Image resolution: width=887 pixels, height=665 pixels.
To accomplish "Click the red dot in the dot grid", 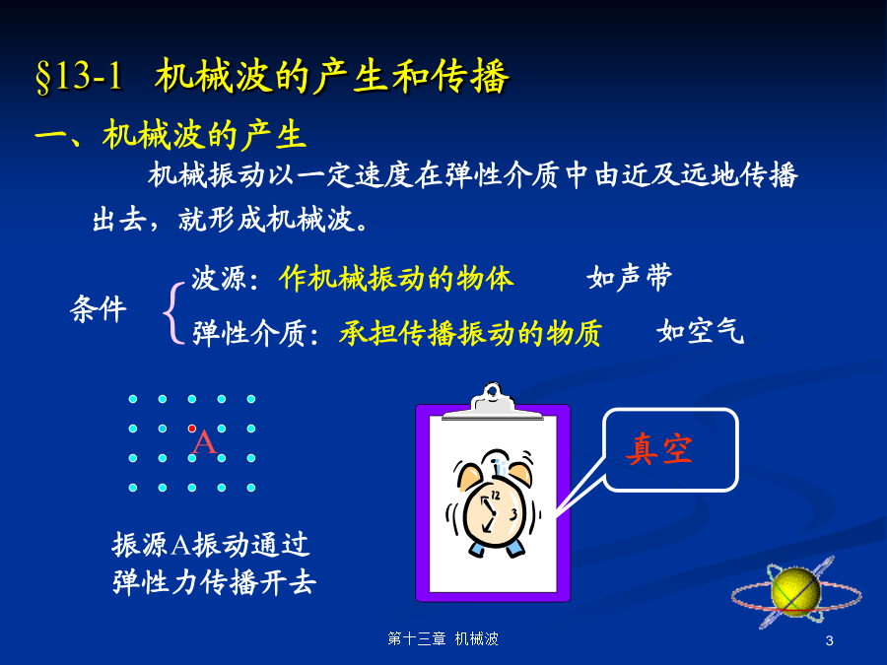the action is (x=192, y=429).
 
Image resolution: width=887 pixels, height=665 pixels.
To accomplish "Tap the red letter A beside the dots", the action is (x=204, y=442).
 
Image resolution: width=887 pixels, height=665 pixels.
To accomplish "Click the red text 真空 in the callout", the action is (x=659, y=449).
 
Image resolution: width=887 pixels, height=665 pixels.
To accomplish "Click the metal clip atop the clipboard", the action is (x=493, y=402).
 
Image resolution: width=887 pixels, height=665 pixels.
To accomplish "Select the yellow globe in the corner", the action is (x=795, y=590).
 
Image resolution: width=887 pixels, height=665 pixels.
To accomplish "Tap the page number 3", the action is (x=829, y=640).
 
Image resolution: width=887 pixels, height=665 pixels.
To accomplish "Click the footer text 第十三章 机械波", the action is (x=443, y=639).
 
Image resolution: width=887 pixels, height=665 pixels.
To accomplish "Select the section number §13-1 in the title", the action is (x=79, y=76).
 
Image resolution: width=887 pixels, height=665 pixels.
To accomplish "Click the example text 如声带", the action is (x=629, y=277).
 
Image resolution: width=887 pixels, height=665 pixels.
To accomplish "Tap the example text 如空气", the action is (x=701, y=331).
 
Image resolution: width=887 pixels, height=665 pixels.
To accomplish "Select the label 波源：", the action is (x=225, y=278).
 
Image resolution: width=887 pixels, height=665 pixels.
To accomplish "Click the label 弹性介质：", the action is (x=255, y=333).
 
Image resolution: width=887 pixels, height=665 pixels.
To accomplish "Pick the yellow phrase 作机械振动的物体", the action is (x=396, y=278).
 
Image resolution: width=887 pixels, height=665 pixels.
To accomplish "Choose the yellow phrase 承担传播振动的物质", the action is (x=470, y=333).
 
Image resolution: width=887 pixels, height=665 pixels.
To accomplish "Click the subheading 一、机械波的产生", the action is (x=171, y=135).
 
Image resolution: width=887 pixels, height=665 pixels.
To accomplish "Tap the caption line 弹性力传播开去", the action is (x=214, y=582).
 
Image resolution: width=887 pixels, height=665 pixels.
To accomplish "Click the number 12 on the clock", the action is (x=495, y=496).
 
